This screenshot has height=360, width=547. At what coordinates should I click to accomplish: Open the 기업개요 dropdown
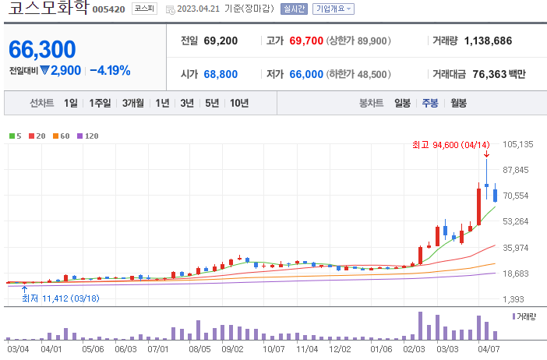333,9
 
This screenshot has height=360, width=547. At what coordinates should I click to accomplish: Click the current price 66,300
42,49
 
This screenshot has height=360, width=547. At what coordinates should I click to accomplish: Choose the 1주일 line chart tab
100,103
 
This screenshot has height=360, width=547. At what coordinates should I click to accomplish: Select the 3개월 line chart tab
135,103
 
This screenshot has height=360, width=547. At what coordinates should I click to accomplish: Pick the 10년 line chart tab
239,103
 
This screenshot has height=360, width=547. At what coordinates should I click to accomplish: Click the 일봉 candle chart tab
402,103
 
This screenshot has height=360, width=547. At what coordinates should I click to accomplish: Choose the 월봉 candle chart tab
458,103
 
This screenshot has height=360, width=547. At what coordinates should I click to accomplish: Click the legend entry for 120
87,136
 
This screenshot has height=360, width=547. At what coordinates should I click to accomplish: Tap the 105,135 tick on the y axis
518,144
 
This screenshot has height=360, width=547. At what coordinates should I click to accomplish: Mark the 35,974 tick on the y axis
518,248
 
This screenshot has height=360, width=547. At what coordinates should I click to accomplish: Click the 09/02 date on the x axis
232,349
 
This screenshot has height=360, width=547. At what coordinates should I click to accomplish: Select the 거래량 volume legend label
528,316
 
